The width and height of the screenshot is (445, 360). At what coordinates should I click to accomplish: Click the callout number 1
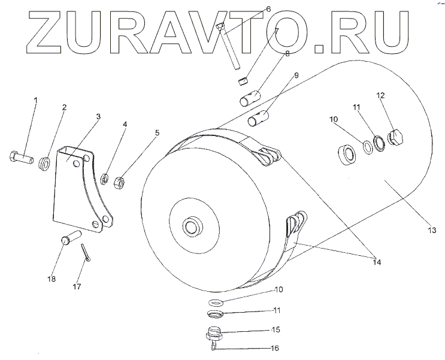point(35,99)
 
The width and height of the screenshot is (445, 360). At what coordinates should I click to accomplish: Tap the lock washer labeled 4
point(104,177)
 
